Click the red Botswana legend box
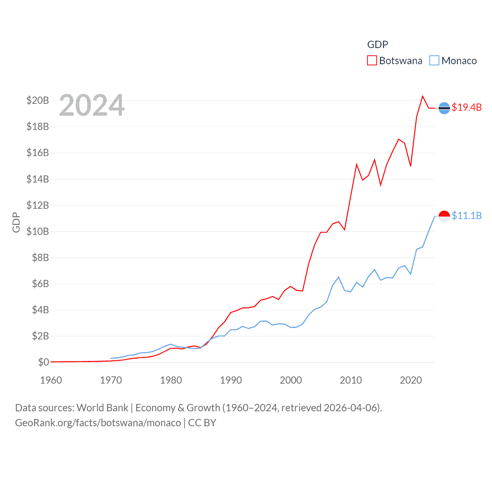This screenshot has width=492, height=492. (x=372, y=61)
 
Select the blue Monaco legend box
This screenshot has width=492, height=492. (x=434, y=61)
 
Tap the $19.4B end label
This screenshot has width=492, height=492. (x=467, y=107)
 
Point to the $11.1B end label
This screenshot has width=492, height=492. (x=467, y=216)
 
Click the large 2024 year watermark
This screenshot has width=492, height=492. (x=92, y=105)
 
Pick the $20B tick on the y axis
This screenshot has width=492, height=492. (x=38, y=100)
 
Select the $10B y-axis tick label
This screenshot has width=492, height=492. (x=38, y=231)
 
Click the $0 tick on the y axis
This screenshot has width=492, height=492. (x=43, y=362)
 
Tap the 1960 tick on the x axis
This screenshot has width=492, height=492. (x=51, y=380)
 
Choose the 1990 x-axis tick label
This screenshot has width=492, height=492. (x=231, y=380)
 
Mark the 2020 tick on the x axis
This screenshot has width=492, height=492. (x=411, y=380)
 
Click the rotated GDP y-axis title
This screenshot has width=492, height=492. (x=16, y=222)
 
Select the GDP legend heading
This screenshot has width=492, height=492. (x=377, y=45)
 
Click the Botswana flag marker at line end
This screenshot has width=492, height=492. (x=444, y=108)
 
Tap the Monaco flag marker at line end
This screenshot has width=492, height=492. (x=444, y=216)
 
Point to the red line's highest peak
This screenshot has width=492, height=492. (x=422, y=96)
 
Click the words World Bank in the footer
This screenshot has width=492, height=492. (x=102, y=407)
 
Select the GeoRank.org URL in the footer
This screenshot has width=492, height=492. (x=98, y=423)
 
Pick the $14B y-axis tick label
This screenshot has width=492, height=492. (x=38, y=179)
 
